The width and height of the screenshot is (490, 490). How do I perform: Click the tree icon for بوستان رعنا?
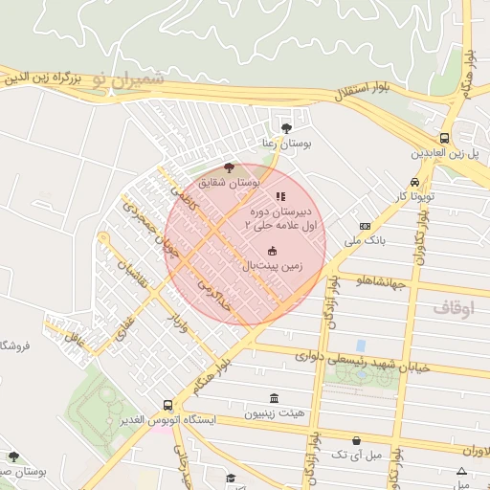[286, 126]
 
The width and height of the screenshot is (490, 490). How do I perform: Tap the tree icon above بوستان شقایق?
[227, 167]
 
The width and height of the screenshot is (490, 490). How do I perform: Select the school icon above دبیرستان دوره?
[279, 196]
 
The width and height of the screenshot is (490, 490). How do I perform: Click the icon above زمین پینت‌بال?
[272, 252]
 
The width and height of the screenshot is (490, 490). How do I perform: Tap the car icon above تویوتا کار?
[413, 182]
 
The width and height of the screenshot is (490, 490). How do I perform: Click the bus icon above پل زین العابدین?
[444, 138]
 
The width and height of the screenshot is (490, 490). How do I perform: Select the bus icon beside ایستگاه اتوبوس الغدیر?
[168, 405]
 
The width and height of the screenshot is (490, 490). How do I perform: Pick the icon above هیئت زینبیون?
[275, 398]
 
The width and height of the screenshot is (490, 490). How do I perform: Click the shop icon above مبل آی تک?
[357, 440]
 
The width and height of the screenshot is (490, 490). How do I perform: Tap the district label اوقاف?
[453, 308]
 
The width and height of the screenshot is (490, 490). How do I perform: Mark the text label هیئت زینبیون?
[275, 414]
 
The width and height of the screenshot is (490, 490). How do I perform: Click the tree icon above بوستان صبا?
[13, 456]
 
